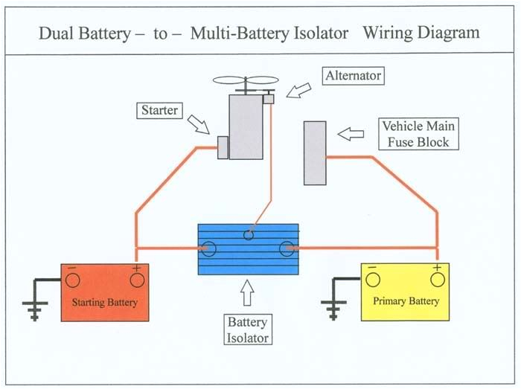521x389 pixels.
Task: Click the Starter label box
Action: [x=159, y=111]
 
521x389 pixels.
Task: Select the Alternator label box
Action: [x=352, y=76]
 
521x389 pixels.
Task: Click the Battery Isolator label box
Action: [x=247, y=329]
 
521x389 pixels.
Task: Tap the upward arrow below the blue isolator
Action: [x=247, y=295]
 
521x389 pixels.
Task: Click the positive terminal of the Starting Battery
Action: [x=137, y=279]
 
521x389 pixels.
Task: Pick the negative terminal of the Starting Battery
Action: [x=72, y=279]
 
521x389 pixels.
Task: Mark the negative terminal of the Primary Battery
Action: [x=374, y=279]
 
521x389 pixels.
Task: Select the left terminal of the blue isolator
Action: [x=209, y=248]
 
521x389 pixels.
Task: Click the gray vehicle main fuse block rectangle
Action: [x=315, y=152]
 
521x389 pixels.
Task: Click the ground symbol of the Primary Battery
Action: [x=332, y=307]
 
